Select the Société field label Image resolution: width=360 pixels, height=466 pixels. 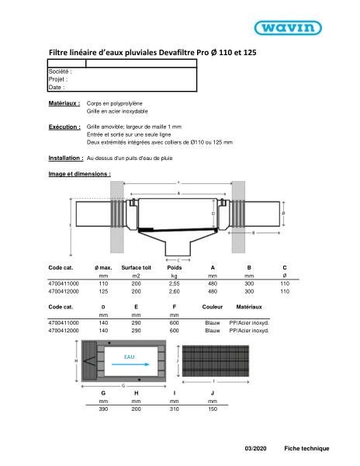click(x=60, y=71)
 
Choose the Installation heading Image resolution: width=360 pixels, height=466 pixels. click(x=66, y=158)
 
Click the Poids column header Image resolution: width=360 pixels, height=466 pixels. click(x=174, y=267)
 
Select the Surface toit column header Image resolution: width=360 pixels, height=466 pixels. click(x=136, y=267)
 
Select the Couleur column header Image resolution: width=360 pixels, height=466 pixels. click(x=212, y=308)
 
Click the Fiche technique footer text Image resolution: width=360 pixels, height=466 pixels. click(x=306, y=448)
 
